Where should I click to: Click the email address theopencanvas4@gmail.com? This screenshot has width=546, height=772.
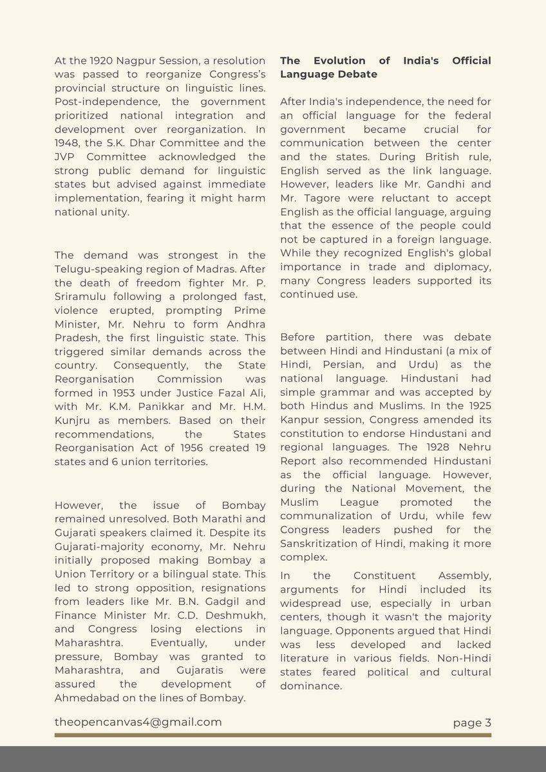(x=138, y=722)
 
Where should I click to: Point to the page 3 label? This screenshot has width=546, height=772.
(x=471, y=722)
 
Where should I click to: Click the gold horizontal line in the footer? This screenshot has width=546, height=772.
(x=272, y=735)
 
